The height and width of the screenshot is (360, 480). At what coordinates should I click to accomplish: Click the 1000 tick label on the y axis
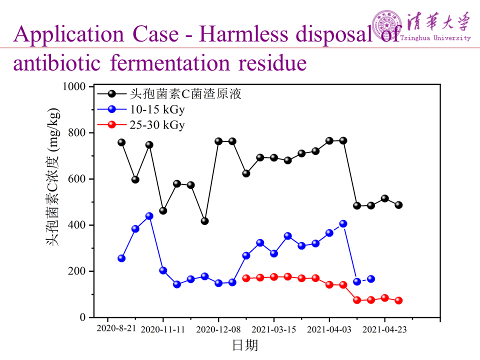pos(74,86)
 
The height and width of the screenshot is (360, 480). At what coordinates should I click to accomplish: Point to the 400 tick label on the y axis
pos(77,225)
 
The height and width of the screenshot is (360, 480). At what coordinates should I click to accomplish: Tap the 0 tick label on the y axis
pos(83,317)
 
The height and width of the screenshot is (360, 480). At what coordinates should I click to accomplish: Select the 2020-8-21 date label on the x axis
pos(116,329)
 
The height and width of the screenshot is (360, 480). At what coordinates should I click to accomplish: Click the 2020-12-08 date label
pos(218,329)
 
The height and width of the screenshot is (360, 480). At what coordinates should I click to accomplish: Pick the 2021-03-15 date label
pos(273,329)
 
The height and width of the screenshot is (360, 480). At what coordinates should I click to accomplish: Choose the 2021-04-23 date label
pos(384,329)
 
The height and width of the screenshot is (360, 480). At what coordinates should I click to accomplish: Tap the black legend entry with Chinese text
pos(185,94)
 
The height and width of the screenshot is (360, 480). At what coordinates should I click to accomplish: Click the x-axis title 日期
pos(245,345)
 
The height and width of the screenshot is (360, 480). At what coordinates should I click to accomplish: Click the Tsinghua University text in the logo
pos(435,38)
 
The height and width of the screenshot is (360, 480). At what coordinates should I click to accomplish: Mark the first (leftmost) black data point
pos(121,142)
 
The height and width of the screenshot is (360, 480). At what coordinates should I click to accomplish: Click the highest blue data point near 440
pos(149,216)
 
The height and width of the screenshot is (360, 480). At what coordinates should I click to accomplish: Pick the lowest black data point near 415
pos(204,221)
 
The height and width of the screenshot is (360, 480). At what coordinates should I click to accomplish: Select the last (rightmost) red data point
pos(398,300)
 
